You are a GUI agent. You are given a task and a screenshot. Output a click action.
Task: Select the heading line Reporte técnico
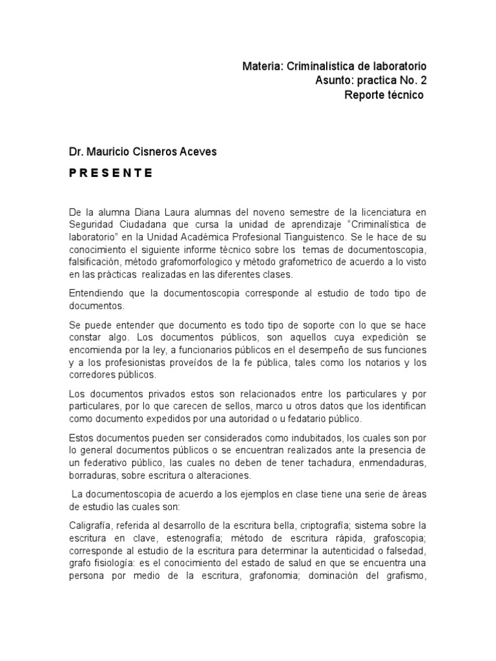384,95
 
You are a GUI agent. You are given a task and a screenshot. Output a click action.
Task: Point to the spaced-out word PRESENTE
111,173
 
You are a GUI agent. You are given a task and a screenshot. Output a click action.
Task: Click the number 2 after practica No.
424,81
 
